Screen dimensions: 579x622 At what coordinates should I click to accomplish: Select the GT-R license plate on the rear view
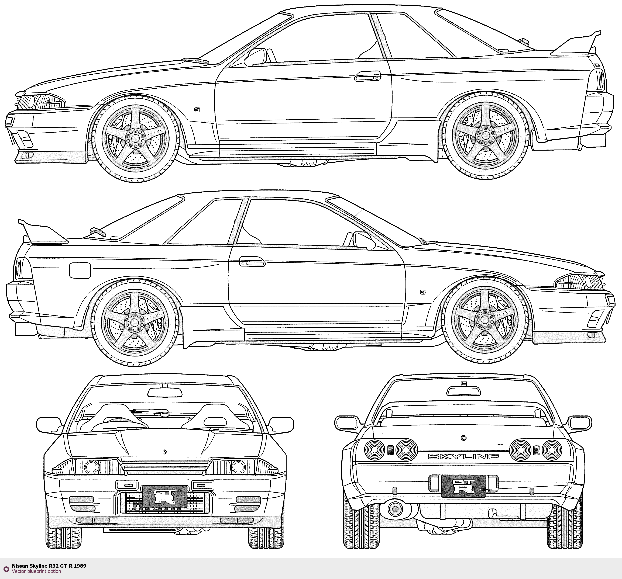[463, 486]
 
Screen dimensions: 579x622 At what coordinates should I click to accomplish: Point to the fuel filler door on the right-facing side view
[80, 271]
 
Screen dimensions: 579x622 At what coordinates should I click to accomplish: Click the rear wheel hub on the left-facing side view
[484, 134]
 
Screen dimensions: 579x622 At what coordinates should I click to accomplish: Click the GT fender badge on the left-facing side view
[197, 109]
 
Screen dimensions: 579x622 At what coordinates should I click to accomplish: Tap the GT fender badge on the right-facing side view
[423, 292]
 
